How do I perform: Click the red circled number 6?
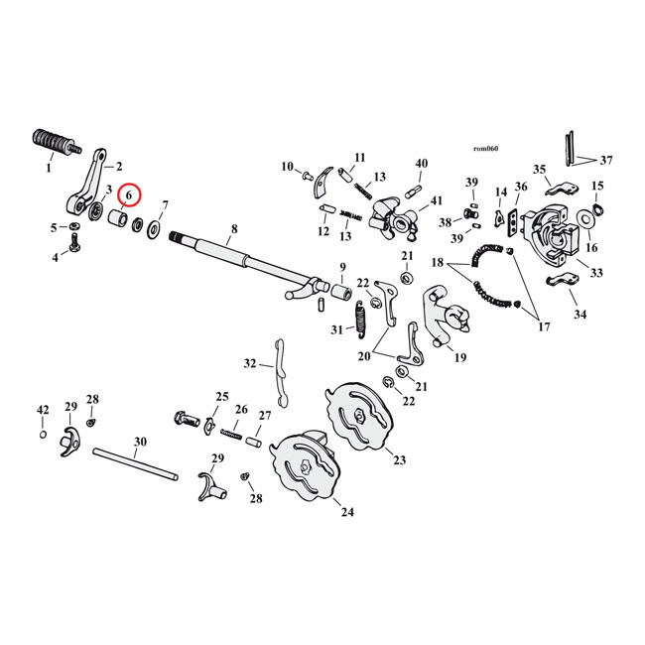129,195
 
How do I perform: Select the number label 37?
606,159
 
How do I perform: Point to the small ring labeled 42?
43,434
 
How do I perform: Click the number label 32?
250,363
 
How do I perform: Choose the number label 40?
421,164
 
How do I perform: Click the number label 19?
459,357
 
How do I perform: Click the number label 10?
287,166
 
